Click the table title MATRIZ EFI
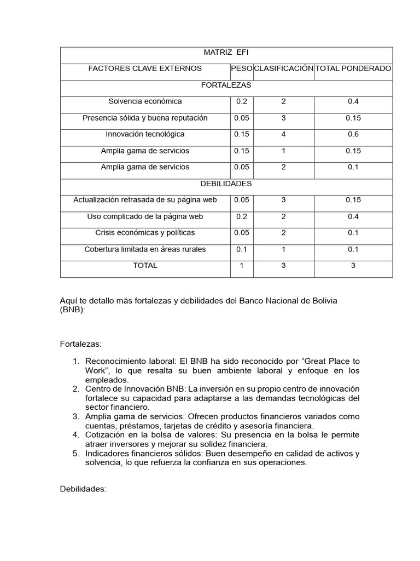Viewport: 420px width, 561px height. pos(226,52)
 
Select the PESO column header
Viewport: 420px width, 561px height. pos(242,68)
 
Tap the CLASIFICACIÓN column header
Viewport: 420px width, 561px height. pos(283,68)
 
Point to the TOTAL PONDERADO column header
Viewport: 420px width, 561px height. pos(353,68)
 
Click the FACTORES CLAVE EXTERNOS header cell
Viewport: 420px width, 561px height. pos(145,68)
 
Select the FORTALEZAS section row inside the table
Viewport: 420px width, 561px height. pos(226,85)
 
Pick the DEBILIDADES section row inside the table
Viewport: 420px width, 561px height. pos(226,184)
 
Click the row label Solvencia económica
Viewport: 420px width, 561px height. pos(145,101)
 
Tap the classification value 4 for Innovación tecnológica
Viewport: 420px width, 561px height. pos(283,134)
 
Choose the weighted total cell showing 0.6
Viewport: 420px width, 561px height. pos(353,134)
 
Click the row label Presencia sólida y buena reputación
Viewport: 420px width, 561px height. pos(145,118)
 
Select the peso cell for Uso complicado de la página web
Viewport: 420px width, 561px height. pos(242,216)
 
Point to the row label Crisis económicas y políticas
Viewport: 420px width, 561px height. pos(145,233)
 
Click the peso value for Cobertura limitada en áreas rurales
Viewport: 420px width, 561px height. pos(242,249)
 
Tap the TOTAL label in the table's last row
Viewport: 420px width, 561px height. pos(145,266)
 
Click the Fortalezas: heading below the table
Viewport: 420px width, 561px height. pos(80,344)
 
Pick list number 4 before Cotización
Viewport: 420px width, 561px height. pos(76,435)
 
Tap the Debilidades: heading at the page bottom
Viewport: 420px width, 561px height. pos(83,489)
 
